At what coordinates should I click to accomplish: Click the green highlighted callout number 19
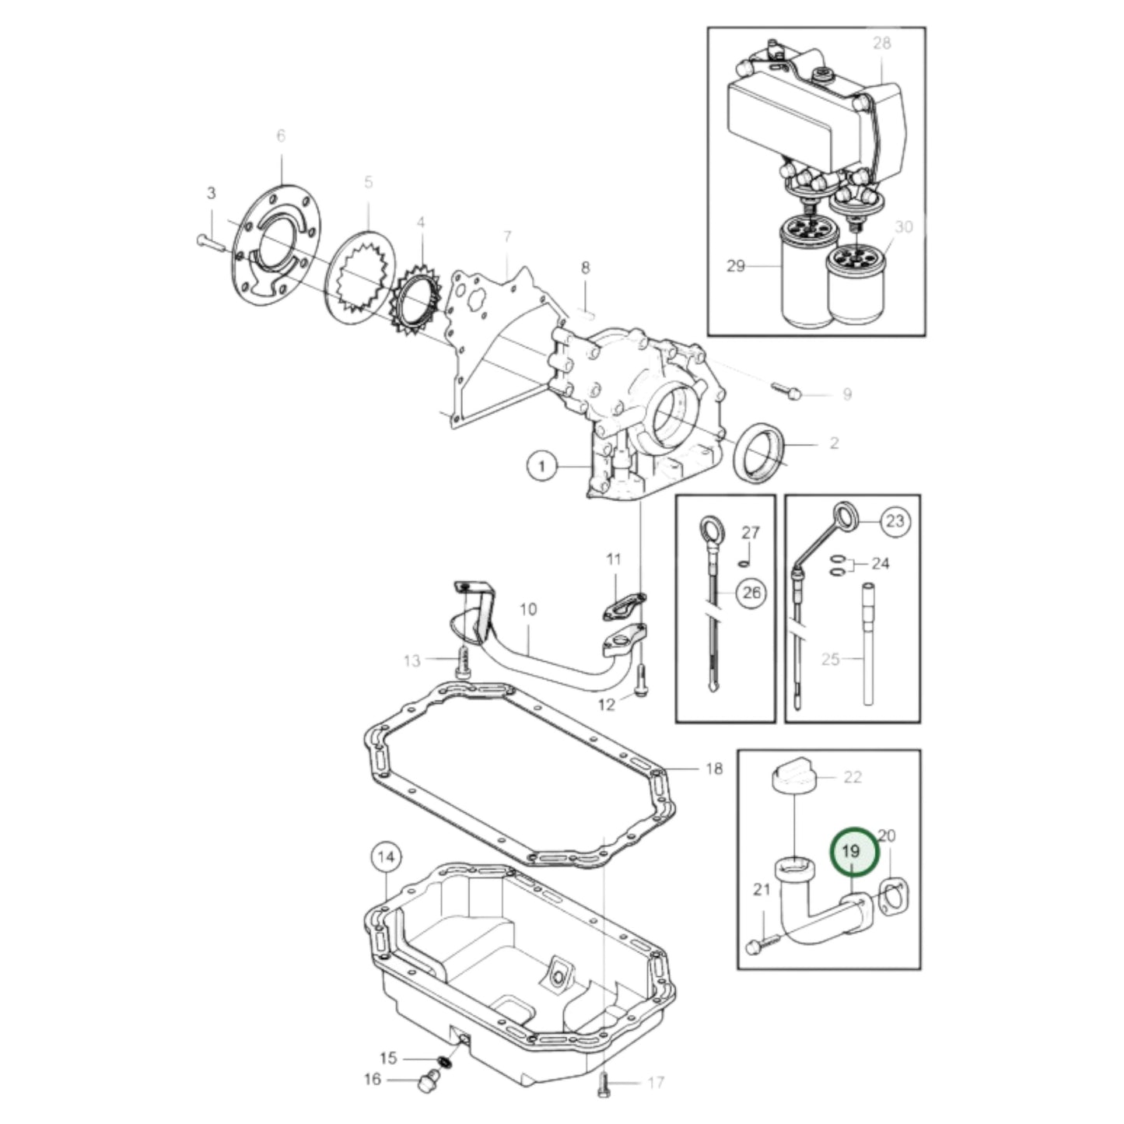(853, 852)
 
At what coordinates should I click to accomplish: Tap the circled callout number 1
(542, 467)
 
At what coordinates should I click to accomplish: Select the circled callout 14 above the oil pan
(386, 857)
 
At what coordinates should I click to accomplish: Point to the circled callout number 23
(895, 520)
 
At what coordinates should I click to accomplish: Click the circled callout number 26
(752, 593)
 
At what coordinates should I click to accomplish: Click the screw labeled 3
(211, 241)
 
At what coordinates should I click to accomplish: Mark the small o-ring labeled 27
(743, 563)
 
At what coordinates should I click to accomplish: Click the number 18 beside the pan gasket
(714, 769)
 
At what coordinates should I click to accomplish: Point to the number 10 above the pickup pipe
(528, 610)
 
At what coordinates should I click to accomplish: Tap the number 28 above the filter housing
(881, 43)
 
